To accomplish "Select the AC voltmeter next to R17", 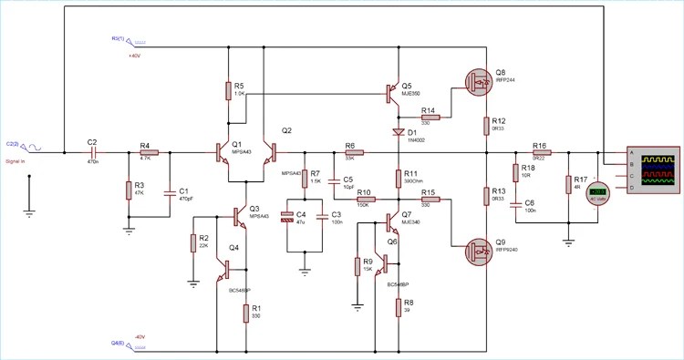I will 597,194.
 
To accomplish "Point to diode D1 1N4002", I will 399,132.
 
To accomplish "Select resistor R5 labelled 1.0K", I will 227,90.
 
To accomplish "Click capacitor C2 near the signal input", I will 92,153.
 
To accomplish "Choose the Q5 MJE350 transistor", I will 396,92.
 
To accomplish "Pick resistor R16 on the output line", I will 540,153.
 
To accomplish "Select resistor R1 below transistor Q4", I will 246,314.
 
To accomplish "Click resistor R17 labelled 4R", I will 568,185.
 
